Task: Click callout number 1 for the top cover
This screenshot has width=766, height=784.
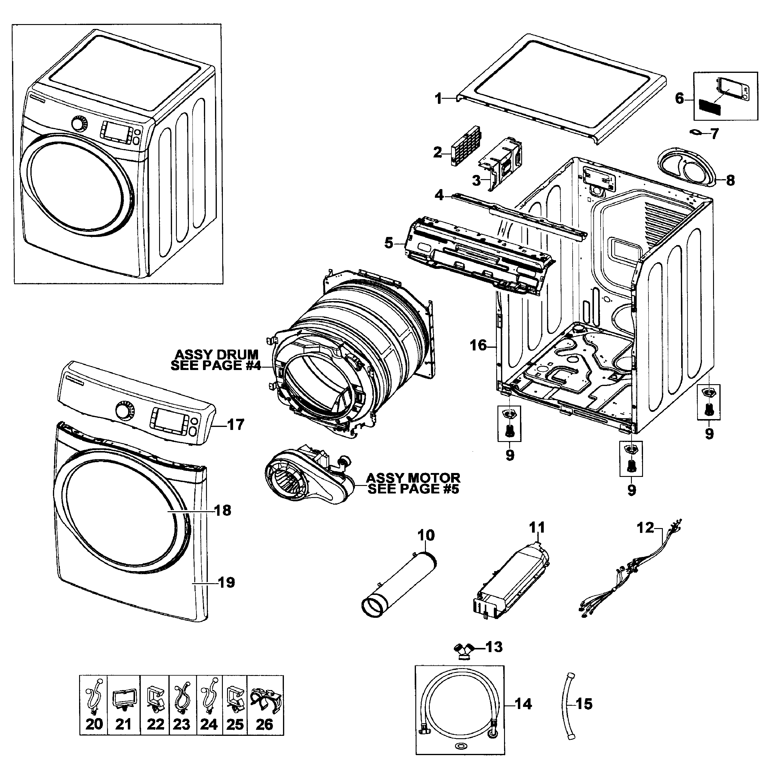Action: (439, 98)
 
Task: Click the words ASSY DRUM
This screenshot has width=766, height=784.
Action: (217, 355)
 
